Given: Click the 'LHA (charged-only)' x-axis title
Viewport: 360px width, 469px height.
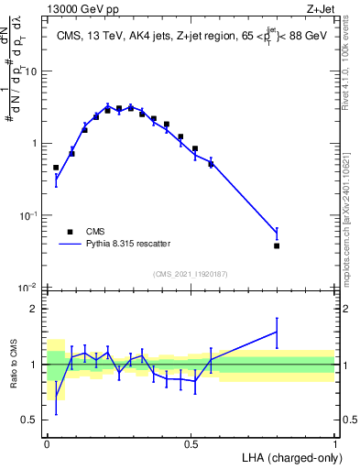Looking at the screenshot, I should (x=291, y=455).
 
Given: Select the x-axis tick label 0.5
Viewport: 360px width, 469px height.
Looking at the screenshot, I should (x=191, y=442).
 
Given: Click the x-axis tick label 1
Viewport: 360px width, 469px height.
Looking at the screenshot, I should (x=334, y=442).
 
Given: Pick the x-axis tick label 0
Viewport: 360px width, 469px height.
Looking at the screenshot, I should (x=47, y=442).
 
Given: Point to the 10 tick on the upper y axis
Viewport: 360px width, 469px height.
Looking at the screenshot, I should (x=33, y=71).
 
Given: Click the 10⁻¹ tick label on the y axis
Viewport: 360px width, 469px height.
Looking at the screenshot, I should (x=31, y=215).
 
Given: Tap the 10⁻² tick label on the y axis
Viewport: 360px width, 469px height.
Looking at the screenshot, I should (x=31, y=288).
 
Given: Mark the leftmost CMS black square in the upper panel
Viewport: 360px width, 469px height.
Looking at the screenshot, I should (x=56, y=168).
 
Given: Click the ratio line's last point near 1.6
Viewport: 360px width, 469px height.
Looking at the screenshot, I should (x=277, y=333).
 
